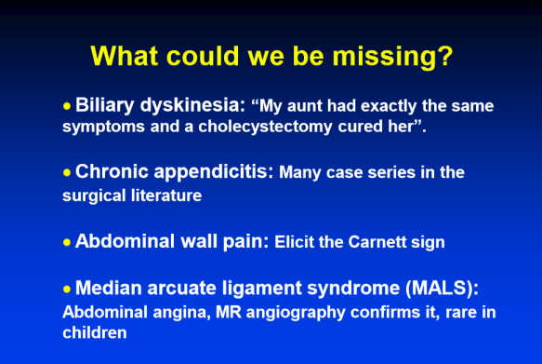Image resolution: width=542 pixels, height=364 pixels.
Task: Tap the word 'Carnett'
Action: [378, 242]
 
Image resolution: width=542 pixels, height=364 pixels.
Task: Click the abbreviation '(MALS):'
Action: [447, 289]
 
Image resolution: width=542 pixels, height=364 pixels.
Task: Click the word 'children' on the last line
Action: [93, 331]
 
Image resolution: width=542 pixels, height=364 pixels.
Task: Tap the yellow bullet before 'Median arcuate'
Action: [67, 289]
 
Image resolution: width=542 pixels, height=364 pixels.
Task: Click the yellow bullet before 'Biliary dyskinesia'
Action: [67, 106]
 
